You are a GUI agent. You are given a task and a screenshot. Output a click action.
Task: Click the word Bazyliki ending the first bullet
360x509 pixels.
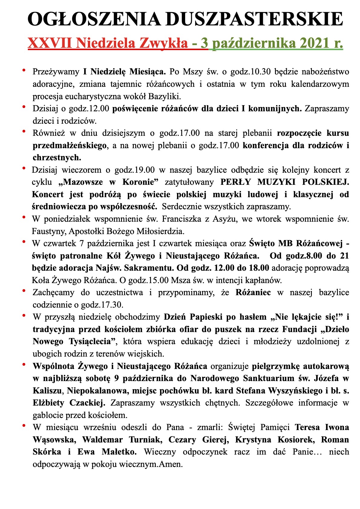(x=165, y=96)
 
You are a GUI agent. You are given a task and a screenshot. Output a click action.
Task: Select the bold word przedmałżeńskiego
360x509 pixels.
(x=70, y=145)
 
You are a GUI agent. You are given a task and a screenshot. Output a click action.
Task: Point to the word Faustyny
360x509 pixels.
(x=49, y=232)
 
